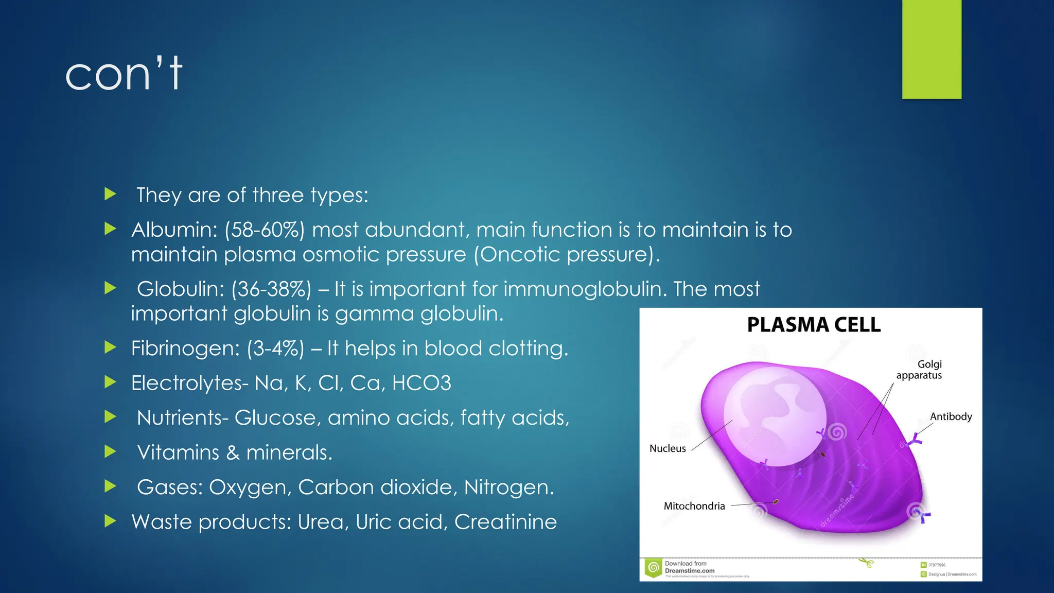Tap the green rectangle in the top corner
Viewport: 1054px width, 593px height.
pyautogui.click(x=932, y=49)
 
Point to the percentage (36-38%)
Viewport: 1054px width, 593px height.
pyautogui.click(x=271, y=289)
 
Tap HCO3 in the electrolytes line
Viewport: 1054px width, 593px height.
pyautogui.click(x=421, y=383)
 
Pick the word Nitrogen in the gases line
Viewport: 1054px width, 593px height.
pyautogui.click(x=508, y=487)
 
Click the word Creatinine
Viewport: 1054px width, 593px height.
pyautogui.click(x=505, y=522)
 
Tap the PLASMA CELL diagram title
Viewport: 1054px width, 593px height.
pyautogui.click(x=814, y=325)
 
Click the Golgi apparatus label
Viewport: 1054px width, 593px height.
pyautogui.click(x=920, y=370)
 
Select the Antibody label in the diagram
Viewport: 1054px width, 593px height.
pyautogui.click(x=951, y=416)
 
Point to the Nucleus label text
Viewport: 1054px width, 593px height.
pyautogui.click(x=667, y=448)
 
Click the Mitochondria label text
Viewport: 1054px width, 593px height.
pyautogui.click(x=694, y=506)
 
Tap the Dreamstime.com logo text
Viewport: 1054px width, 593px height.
pyautogui.click(x=689, y=570)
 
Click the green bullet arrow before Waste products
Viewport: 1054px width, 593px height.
pyautogui.click(x=110, y=521)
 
